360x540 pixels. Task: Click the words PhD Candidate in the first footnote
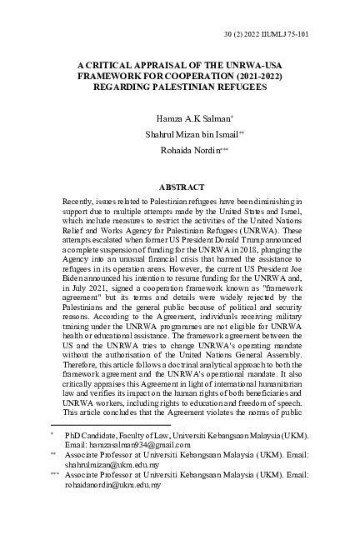click(94, 435)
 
